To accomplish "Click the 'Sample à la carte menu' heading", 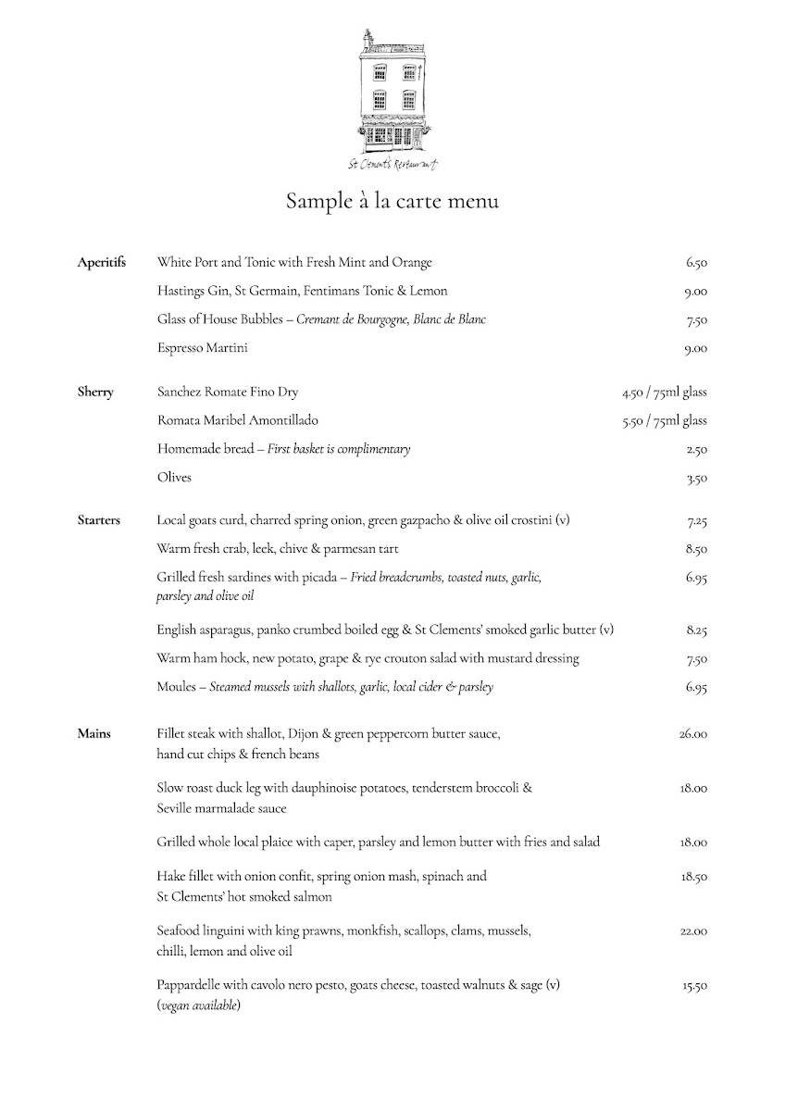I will [x=392, y=201].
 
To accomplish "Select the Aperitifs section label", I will [x=101, y=263].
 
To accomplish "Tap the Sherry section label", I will [x=95, y=392].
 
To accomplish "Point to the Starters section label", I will [x=99, y=520].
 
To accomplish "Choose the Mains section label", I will [x=93, y=734].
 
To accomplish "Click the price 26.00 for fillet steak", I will [x=692, y=734].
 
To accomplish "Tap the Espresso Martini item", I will [x=203, y=348].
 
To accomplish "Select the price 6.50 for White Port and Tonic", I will [x=696, y=263].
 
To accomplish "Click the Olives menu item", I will [x=174, y=478].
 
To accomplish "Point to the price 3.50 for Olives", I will [x=696, y=479].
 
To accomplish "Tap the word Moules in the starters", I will [x=176, y=687].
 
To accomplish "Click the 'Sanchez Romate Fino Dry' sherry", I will [x=228, y=392].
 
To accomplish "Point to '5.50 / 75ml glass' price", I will [x=665, y=420].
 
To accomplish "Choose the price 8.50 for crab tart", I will [x=696, y=549].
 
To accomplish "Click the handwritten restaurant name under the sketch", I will [x=392, y=164].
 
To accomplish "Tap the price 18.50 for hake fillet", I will [x=693, y=876].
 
